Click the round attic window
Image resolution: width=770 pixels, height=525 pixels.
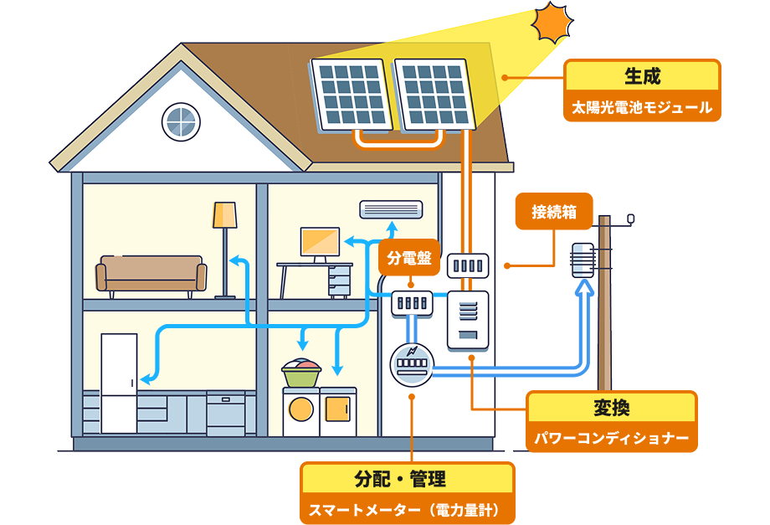[180, 121]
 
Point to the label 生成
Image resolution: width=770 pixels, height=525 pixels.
[643, 76]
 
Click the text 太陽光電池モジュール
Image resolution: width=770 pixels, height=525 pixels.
[643, 107]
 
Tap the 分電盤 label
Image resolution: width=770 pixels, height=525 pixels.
[410, 259]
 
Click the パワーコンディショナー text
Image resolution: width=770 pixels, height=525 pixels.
[611, 438]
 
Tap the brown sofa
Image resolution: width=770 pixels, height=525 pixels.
[151, 274]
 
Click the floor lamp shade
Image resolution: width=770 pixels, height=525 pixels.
[224, 215]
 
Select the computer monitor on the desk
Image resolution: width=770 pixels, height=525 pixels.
[320, 242]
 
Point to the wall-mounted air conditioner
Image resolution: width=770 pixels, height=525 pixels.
[391, 208]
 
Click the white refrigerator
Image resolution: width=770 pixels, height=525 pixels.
[119, 383]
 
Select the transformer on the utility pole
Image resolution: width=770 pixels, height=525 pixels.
[582, 260]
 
